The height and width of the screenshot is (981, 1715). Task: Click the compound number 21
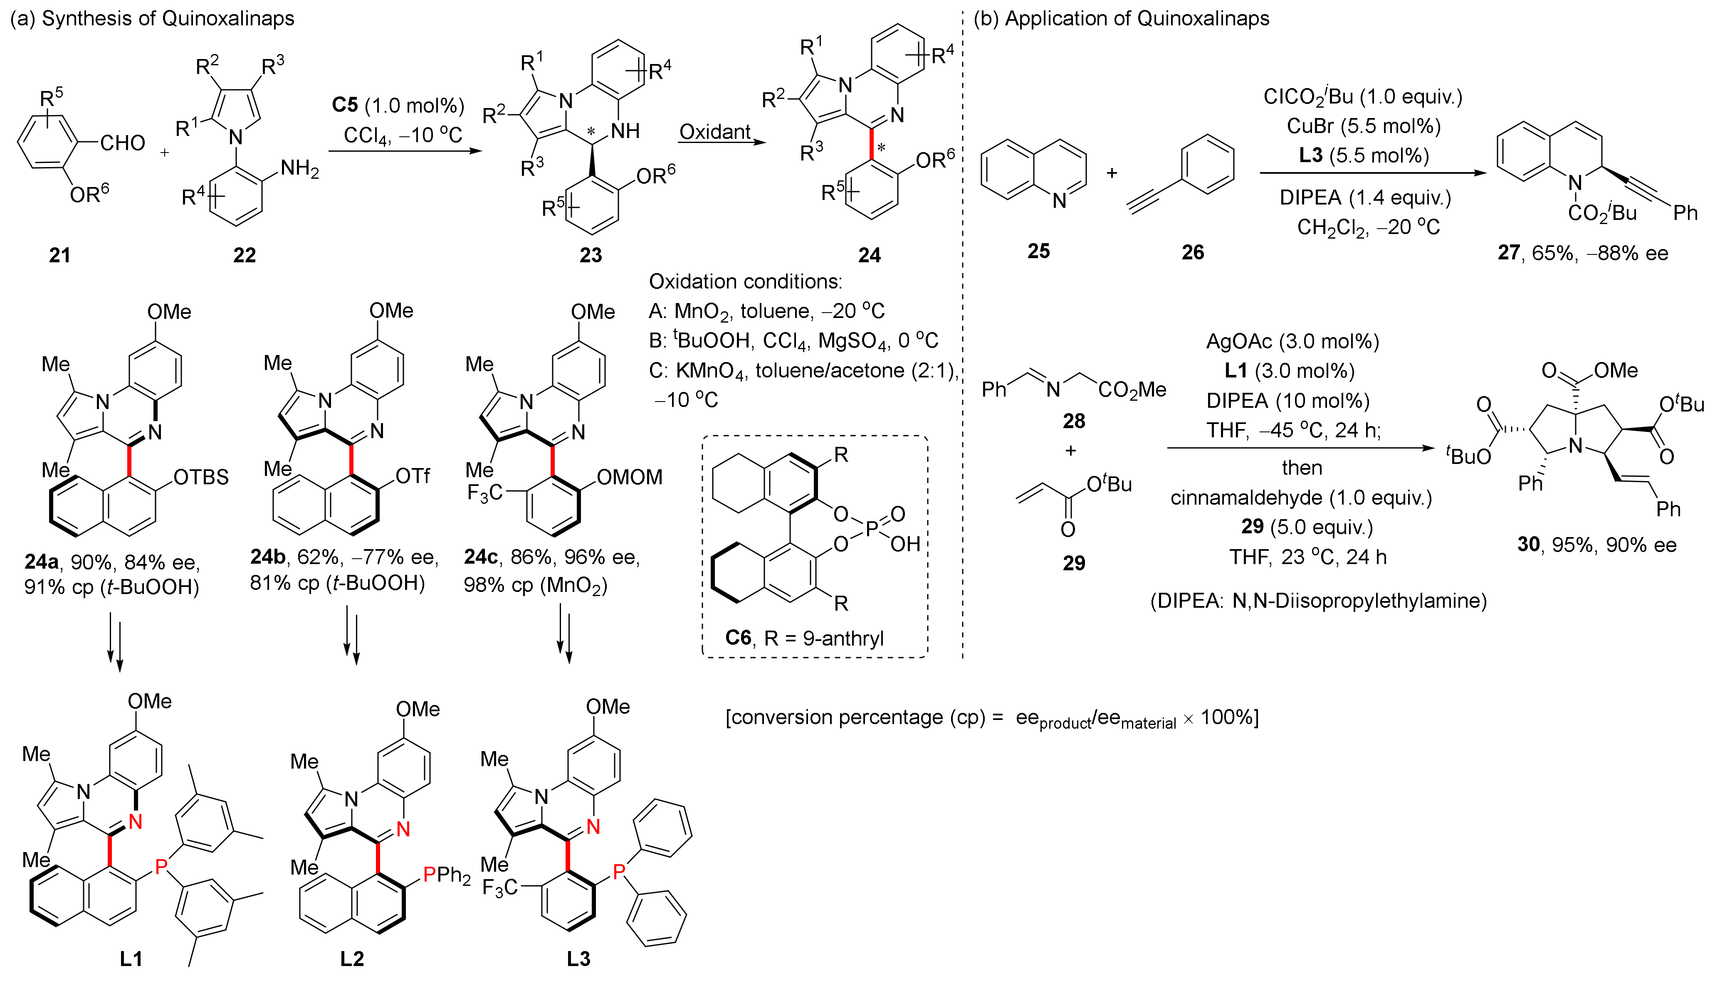59,255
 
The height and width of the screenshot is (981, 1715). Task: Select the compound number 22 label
244,255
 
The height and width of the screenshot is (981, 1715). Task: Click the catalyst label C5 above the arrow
345,105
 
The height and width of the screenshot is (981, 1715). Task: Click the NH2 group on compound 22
299,168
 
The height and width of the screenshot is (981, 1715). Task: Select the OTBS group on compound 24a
201,477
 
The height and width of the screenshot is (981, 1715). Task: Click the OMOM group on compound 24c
629,477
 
